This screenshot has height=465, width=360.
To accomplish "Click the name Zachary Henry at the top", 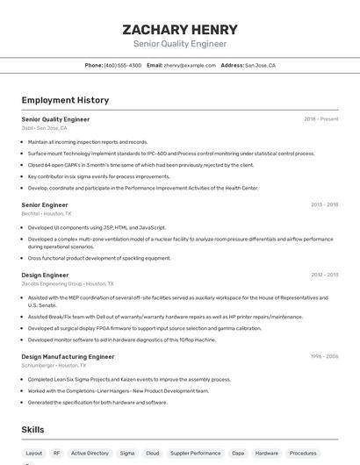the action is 179,29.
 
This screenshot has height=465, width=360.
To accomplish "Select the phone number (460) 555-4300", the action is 122,65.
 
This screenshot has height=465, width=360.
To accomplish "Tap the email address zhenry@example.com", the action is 190,65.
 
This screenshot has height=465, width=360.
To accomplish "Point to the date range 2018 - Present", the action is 320,119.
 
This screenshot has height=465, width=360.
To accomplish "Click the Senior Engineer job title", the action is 45,204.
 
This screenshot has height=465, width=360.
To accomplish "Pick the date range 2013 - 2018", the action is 324,204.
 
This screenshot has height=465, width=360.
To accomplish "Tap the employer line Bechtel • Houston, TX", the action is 47,213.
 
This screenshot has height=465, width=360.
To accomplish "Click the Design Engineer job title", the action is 44,275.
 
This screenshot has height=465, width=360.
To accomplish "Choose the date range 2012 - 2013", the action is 324,275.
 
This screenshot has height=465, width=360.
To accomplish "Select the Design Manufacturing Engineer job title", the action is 68,357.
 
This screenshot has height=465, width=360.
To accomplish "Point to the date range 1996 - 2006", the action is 324,357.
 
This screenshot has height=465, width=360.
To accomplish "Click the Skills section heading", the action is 33,429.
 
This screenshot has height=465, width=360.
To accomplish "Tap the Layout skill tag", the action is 34,454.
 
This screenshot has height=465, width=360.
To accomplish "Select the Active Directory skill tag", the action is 90,454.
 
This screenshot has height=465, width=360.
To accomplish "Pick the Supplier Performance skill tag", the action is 195,454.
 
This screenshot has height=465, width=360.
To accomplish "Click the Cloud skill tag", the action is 152,454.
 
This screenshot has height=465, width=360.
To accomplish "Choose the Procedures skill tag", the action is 303,454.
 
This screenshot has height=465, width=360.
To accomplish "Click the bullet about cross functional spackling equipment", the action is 99,259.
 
